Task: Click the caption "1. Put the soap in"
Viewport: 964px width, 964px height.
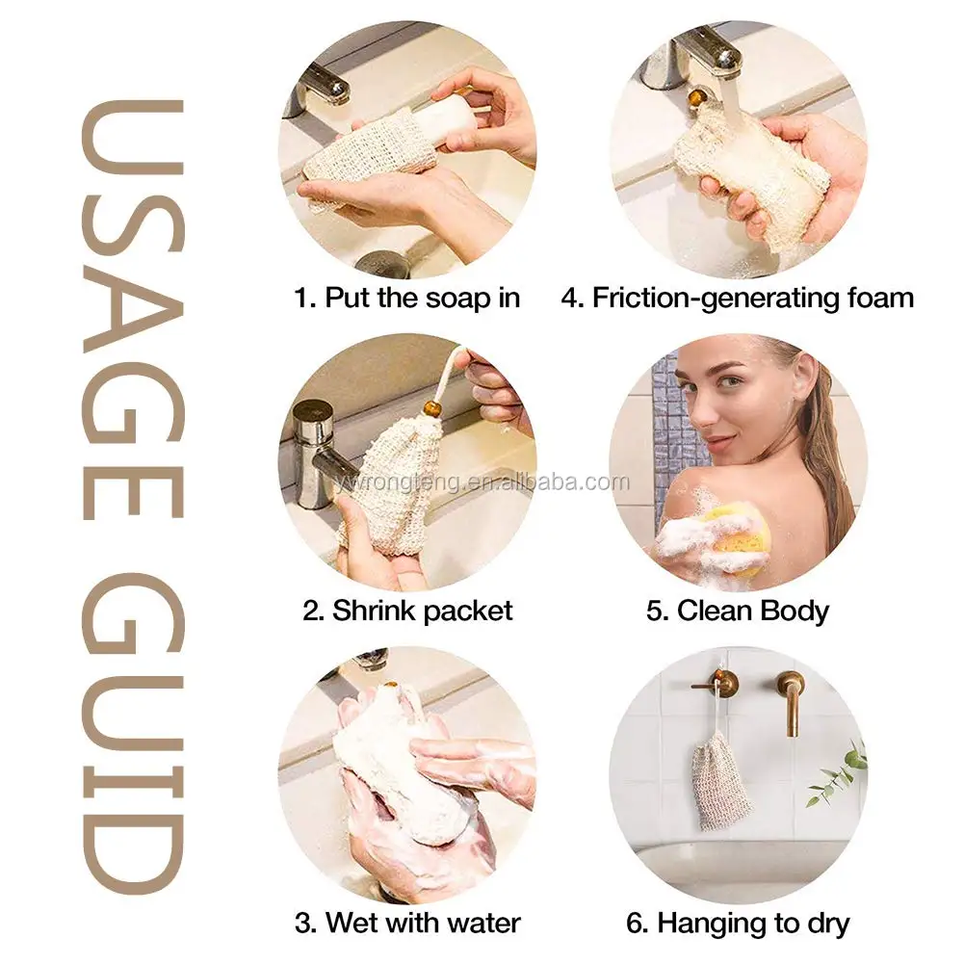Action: point(406,298)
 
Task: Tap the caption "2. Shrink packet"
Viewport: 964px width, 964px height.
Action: point(407,610)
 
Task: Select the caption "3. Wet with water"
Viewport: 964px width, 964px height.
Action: point(408,923)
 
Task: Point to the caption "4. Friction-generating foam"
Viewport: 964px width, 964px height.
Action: point(738,298)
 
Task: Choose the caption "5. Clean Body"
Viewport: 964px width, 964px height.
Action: point(738,611)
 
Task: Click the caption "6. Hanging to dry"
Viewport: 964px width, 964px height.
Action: point(738,924)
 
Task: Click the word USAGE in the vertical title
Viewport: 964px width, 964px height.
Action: point(132,289)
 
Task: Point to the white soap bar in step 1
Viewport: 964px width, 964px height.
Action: point(458,120)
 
